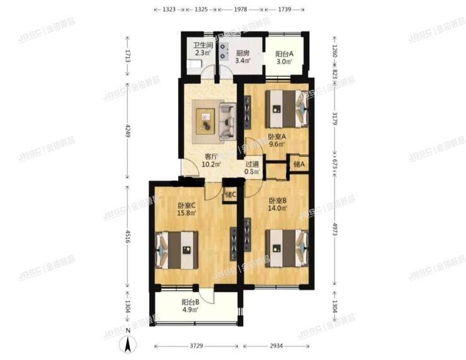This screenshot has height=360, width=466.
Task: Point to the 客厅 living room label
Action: [210, 157]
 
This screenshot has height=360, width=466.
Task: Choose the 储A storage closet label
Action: [298, 164]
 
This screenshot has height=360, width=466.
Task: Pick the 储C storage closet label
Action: [230, 194]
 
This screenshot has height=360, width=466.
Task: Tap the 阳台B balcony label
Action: [191, 301]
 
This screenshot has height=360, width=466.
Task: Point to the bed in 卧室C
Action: [178, 249]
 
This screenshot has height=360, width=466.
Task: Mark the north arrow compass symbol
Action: [128, 343]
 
